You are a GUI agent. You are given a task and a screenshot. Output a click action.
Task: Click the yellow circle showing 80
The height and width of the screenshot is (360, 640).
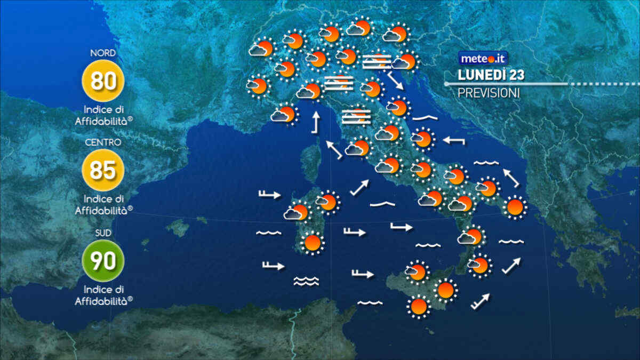tap(103, 81)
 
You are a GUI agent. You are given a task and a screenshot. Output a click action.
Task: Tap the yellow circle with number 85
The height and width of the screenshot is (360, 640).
tap(103, 170)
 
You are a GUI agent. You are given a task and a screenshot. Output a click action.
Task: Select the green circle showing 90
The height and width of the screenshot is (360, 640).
tap(103, 261)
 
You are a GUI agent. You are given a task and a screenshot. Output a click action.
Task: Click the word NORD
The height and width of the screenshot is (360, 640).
tap(103, 53)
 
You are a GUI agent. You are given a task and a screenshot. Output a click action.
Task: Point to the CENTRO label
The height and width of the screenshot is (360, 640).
tap(103, 142)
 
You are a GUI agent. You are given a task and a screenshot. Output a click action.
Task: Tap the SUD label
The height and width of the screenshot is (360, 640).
tap(103, 233)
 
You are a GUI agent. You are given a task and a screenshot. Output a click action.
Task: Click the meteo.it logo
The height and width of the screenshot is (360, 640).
tap(483, 58)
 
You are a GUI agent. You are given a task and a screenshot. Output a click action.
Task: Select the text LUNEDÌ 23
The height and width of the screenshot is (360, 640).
tap(491, 75)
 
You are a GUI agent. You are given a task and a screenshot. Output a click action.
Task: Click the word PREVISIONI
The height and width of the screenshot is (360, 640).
tap(489, 93)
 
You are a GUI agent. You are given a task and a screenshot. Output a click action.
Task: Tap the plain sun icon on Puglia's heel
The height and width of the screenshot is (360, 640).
tap(515, 207)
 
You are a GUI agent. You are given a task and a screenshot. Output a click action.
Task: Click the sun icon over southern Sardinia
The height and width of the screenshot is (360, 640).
tap(313, 243)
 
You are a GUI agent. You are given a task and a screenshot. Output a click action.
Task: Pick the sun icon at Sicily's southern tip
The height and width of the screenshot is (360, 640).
tap(419, 307)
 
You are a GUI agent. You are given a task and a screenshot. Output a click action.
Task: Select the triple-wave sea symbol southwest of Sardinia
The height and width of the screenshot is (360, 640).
tap(306, 281)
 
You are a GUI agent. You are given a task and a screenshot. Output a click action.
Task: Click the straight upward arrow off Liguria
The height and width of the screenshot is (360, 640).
tap(315, 122)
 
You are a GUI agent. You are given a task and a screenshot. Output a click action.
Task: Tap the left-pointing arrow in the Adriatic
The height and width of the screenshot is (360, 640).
tap(454, 141)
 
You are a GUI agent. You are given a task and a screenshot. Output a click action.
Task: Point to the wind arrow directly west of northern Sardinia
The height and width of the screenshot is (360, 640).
tap(269, 195)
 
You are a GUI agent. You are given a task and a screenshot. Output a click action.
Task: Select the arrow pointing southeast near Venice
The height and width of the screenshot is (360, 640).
tap(395, 81)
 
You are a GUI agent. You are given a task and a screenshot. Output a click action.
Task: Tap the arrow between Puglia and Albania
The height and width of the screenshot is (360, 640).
tap(511, 178)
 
